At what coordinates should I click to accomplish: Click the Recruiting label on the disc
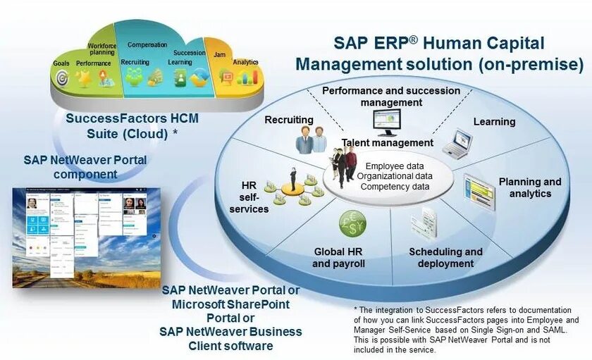click(x=288, y=120)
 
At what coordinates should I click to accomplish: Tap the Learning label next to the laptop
click(x=494, y=121)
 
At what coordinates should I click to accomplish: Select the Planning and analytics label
click(x=530, y=187)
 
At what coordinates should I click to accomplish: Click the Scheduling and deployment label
click(x=445, y=257)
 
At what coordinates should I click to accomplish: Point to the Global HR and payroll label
click(x=339, y=257)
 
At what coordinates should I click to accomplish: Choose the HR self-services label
click(x=249, y=197)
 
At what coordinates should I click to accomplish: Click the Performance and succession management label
click(x=391, y=97)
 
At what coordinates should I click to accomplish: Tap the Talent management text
click(x=388, y=143)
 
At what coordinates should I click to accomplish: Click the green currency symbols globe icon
click(x=352, y=225)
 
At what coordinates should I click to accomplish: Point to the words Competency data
click(x=395, y=187)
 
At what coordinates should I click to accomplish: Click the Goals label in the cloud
click(x=61, y=63)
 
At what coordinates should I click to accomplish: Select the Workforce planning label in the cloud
click(x=102, y=50)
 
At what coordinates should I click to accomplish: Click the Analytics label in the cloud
click(x=246, y=62)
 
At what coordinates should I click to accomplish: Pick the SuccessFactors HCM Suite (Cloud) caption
click(x=132, y=126)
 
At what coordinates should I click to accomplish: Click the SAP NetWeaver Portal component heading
click(x=85, y=167)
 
